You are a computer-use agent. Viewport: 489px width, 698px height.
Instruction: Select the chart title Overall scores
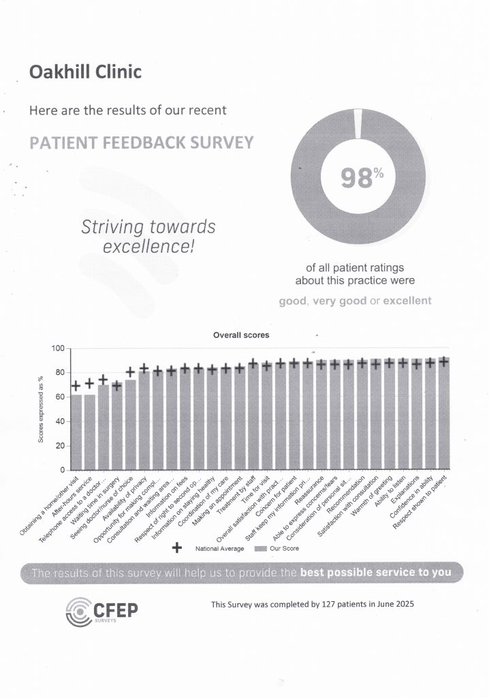[241, 335]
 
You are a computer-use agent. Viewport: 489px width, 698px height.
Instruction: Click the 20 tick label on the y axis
[59, 446]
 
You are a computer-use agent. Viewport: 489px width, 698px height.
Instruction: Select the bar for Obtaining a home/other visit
[76, 432]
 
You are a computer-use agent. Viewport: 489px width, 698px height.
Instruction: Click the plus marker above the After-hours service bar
[89, 384]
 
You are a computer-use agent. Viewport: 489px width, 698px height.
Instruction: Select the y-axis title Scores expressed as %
[41, 409]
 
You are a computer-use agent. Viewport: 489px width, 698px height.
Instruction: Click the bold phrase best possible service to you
[376, 572]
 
